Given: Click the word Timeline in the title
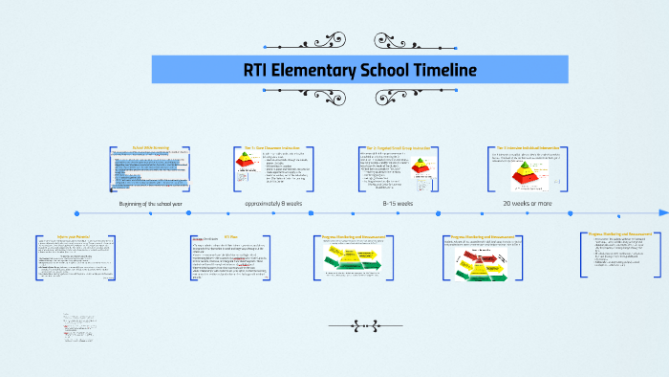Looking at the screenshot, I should [429, 70].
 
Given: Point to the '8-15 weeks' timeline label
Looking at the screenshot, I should [398, 203].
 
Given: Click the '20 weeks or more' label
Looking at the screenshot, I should [528, 203].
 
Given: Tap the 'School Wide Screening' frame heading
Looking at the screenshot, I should [150, 147].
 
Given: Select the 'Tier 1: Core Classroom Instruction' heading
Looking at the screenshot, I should [272, 147].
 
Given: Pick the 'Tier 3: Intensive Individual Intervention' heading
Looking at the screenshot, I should [525, 147].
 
